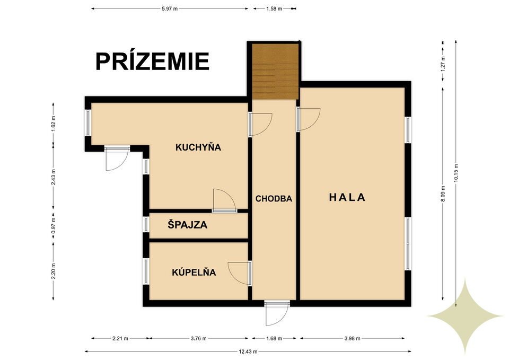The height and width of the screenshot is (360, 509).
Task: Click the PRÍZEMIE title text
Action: click(x=152, y=62)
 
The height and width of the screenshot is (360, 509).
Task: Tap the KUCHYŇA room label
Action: click(x=198, y=147)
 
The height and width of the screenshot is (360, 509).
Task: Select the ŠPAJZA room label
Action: click(x=187, y=225)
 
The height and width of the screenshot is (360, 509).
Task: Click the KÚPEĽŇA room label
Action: click(x=194, y=273)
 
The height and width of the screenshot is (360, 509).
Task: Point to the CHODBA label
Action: click(x=274, y=199)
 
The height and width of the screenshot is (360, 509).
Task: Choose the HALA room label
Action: click(x=347, y=197)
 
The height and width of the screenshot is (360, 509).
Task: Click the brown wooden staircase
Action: click(x=275, y=72)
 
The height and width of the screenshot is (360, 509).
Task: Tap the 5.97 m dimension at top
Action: click(x=169, y=8)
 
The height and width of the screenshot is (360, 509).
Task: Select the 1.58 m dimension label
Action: click(x=275, y=8)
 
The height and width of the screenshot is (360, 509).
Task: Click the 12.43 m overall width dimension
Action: click(x=248, y=350)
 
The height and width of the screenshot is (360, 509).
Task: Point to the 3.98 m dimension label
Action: click(x=353, y=338)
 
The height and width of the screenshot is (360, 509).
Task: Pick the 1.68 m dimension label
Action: click(x=274, y=338)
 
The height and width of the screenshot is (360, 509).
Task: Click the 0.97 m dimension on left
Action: click(x=54, y=227)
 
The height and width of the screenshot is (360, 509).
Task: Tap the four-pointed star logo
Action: click(x=466, y=315)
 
